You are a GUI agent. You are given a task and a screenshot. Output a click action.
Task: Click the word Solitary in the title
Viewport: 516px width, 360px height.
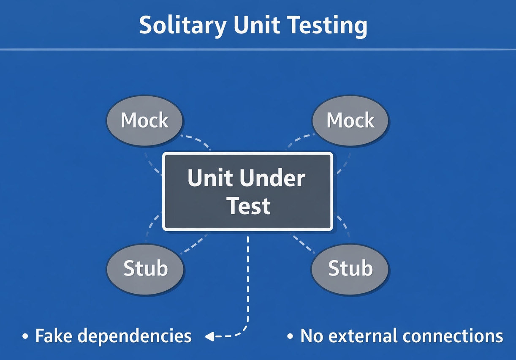(183, 25)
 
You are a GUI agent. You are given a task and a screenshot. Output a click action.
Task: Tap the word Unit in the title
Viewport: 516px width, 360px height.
(256, 25)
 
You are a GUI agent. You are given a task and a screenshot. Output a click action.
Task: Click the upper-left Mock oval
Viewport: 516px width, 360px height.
(144, 120)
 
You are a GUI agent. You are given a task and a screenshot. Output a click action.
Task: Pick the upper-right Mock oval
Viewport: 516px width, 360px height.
(350, 120)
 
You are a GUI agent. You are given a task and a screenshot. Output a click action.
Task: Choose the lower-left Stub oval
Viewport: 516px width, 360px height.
(145, 268)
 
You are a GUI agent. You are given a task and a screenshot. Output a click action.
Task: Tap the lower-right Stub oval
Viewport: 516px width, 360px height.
(350, 268)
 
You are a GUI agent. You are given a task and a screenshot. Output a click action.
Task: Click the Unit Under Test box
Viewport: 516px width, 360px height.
(248, 191)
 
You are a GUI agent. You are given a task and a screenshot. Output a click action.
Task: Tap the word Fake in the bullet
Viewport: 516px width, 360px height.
(52, 336)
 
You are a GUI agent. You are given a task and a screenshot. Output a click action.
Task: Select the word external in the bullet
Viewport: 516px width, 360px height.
(364, 336)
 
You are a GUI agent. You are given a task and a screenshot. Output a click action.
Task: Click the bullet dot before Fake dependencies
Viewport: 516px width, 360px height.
(26, 337)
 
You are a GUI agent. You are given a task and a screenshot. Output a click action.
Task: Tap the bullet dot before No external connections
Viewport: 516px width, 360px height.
(290, 337)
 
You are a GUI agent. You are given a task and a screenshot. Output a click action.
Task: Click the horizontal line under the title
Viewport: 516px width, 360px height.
(258, 50)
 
